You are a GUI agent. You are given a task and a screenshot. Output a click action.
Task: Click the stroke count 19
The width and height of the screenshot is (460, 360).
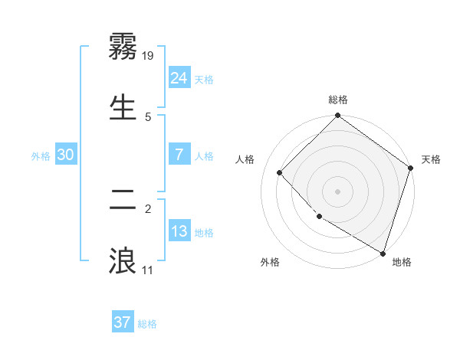149,55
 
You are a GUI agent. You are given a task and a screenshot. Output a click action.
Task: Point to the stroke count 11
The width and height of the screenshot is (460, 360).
148,270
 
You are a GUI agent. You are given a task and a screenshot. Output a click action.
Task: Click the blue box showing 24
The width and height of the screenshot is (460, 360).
179,78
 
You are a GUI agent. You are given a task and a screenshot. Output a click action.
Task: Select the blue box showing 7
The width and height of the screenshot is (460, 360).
179,155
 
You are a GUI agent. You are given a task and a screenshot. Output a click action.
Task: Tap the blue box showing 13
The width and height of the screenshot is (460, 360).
179,231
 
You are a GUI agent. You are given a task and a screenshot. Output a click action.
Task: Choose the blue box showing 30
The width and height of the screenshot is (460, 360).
66,155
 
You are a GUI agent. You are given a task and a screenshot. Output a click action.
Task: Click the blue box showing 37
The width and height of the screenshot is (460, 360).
122,322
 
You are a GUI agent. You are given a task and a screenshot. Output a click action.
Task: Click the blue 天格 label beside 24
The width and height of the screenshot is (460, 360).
204,80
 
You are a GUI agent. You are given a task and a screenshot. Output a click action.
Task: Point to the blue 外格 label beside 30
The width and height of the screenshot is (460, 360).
41,156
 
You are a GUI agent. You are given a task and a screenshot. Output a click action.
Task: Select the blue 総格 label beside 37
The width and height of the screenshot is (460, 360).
147,324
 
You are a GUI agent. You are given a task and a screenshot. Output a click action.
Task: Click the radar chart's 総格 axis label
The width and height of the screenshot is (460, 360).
338,100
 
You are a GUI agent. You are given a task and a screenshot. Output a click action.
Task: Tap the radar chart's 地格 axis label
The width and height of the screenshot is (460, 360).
402,262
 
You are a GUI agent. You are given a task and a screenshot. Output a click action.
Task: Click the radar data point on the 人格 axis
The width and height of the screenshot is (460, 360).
280,172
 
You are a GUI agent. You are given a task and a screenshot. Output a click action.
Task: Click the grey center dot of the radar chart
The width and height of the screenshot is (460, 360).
338,191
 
